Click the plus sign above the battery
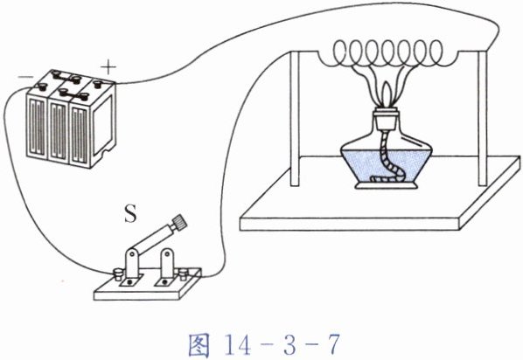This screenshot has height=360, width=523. (x=108, y=67)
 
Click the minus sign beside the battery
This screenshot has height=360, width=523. (x=25, y=77)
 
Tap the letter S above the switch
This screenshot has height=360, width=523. (x=130, y=213)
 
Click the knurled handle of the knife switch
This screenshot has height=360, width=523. (x=178, y=221)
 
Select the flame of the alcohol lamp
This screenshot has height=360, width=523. (x=386, y=94)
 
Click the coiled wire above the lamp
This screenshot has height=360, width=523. (x=388, y=53)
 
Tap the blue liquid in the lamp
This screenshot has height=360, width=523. (x=386, y=165)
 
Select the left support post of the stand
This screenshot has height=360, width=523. (x=295, y=119)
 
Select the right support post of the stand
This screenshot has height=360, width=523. (x=482, y=119)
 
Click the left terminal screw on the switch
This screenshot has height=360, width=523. (x=118, y=274)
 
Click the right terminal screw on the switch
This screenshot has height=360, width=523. (x=183, y=273)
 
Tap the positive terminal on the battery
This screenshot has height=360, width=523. (x=98, y=83)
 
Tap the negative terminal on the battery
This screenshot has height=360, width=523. (x=42, y=87)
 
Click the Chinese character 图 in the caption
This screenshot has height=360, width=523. (x=199, y=345)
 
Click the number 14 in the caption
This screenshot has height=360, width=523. (x=238, y=345)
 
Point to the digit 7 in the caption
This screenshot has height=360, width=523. (x=333, y=345)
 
